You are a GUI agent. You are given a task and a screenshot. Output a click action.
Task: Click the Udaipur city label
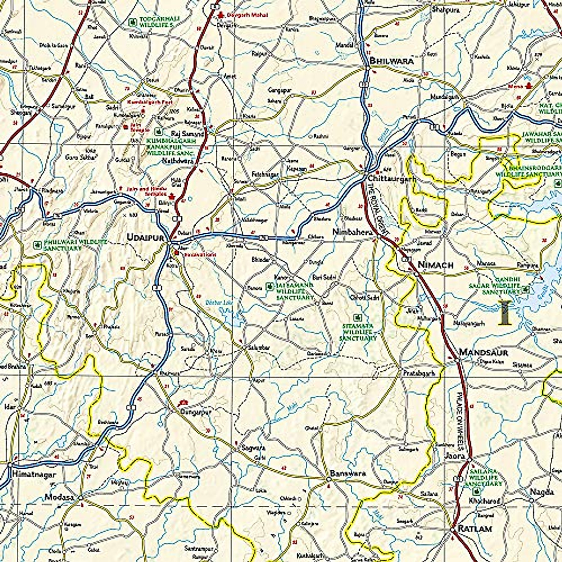tap(145, 238)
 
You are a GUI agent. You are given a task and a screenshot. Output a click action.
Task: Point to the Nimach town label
tap(436, 265)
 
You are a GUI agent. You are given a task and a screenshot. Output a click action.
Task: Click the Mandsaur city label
tap(483, 352)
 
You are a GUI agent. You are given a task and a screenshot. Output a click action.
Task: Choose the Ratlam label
tap(475, 529)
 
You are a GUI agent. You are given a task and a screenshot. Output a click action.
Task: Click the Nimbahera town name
tap(352, 232)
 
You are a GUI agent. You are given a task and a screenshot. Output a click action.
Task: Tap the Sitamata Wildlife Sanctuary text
tap(358, 331)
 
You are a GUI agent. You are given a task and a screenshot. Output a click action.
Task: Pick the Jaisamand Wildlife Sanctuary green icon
tap(269, 286)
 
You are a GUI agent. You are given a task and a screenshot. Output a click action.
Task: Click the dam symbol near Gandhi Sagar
tap(504, 313)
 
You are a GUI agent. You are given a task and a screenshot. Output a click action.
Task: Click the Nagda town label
tap(538, 492)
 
